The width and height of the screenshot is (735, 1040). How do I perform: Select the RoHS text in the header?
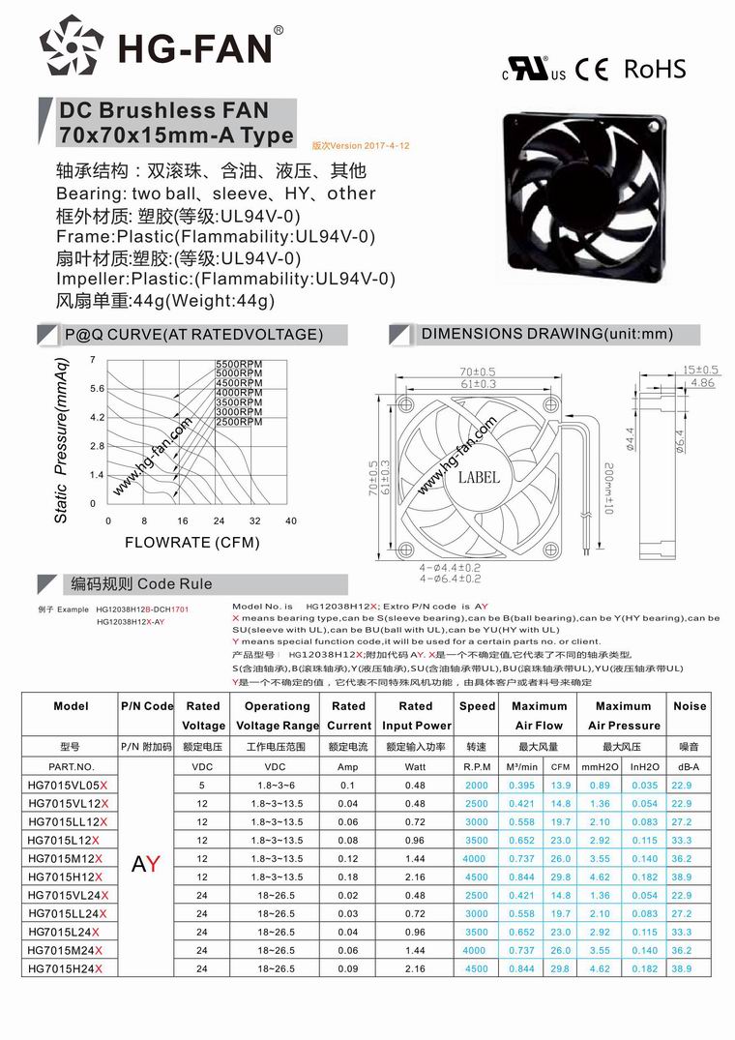[655, 69]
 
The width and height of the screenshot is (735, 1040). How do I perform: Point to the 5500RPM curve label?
[238, 363]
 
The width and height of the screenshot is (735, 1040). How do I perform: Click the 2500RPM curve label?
[238, 422]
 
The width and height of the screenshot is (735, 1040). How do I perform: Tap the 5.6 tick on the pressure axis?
[97, 388]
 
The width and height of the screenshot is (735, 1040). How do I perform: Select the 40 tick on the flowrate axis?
[291, 521]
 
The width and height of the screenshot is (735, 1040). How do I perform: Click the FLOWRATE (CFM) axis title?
[192, 543]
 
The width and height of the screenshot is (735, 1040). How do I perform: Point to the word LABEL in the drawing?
[479, 477]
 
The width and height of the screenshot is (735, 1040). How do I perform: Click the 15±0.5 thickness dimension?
[699, 370]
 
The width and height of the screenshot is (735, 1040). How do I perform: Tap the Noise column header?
[690, 706]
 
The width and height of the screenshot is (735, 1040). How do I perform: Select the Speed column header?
[477, 706]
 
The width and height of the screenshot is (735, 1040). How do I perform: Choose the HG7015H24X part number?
[65, 968]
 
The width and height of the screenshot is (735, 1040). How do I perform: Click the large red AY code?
[146, 864]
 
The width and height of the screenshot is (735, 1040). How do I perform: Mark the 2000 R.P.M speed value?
[476, 785]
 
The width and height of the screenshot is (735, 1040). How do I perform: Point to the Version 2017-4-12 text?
[362, 145]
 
